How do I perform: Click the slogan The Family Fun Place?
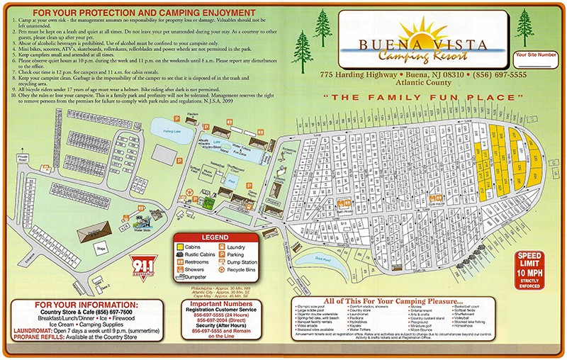(x=426, y=96)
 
